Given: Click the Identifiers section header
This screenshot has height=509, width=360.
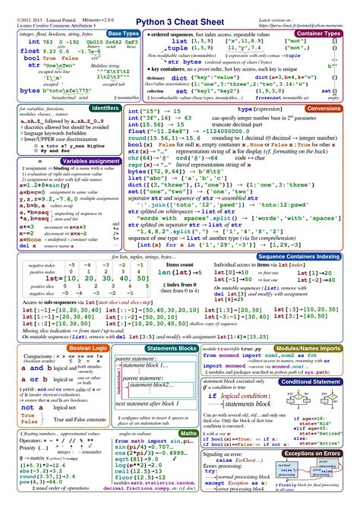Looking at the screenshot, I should coord(105,109).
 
